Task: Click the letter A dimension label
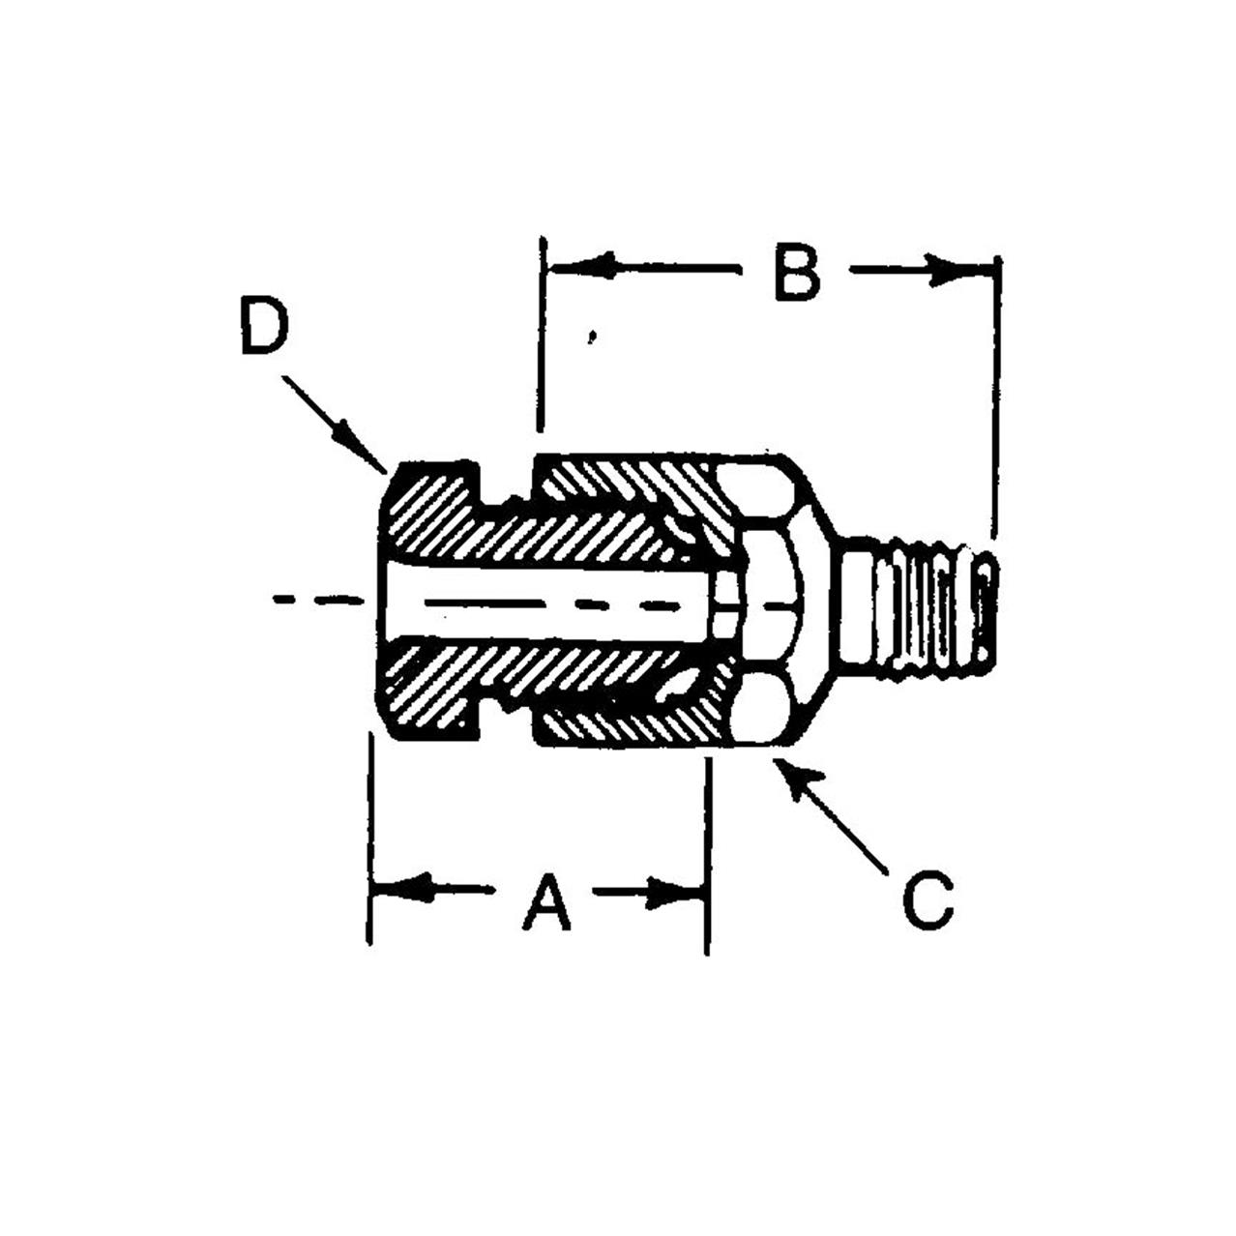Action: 546,901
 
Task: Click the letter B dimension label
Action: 798,274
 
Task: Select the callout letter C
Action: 927,899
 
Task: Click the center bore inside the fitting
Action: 542,605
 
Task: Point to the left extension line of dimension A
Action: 371,841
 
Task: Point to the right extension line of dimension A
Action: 708,851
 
